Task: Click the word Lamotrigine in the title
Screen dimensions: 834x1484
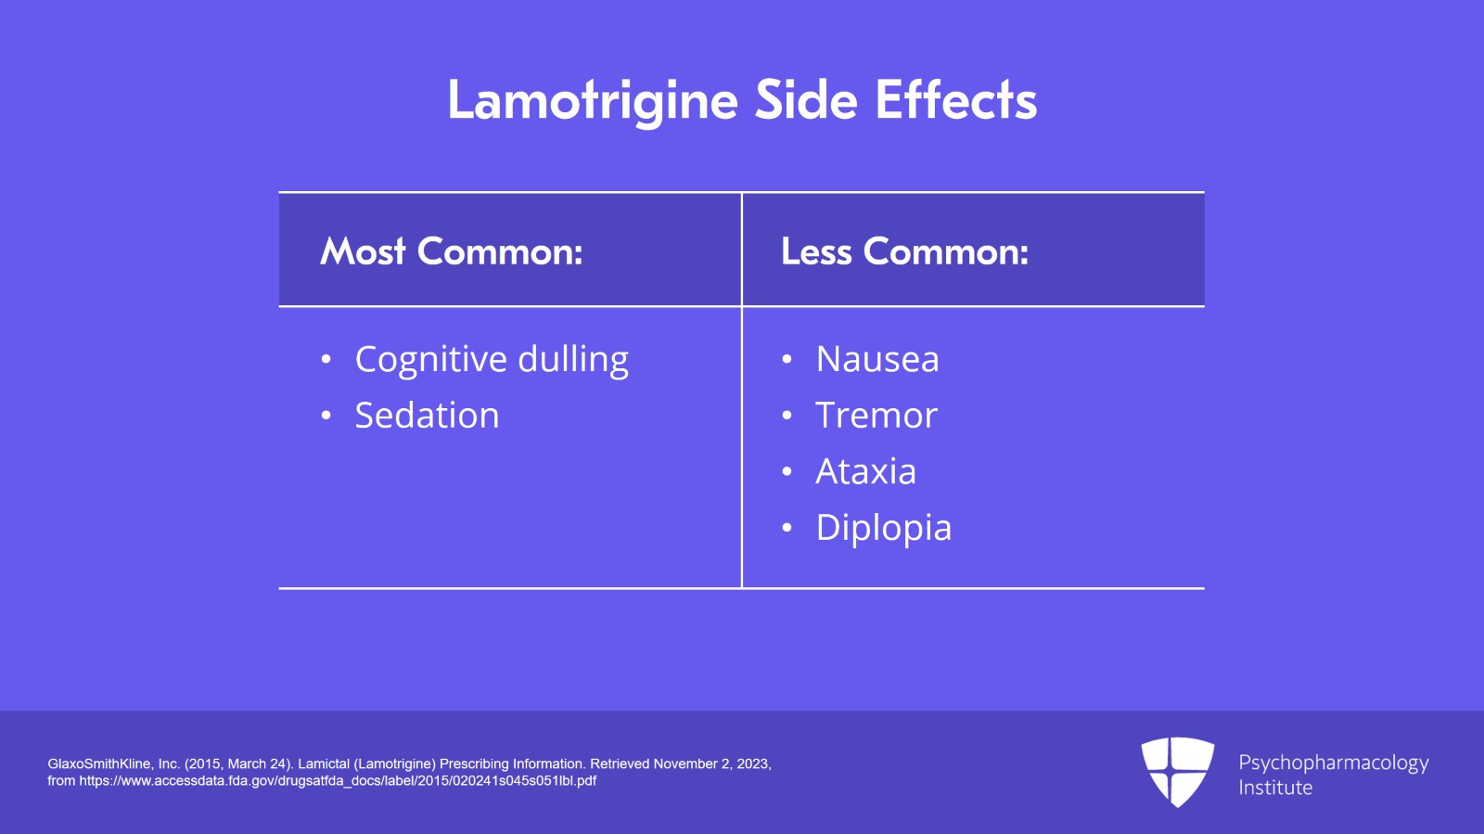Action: point(593,100)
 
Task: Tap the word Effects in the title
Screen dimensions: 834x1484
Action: point(955,100)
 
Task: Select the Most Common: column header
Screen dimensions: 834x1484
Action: point(452,251)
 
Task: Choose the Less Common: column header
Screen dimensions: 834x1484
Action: point(904,251)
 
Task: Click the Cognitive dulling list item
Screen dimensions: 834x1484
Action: point(492,360)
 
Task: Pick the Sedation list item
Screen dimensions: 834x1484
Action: point(427,416)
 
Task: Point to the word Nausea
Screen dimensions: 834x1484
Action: point(877,360)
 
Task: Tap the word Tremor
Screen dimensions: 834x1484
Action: point(876,416)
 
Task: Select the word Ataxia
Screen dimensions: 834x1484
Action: point(865,472)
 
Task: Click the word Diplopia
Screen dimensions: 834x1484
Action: point(883,529)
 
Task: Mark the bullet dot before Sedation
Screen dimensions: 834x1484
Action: point(326,416)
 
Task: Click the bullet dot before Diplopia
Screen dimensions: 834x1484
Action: point(787,528)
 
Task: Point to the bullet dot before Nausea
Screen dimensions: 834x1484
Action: point(787,359)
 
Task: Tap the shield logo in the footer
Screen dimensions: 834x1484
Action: point(1177,771)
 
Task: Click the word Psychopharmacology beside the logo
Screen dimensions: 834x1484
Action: point(1333,763)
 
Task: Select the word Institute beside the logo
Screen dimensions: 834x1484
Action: point(1275,788)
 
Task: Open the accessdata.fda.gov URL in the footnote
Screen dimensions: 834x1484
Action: point(338,781)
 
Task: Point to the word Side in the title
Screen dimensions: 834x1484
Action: point(805,100)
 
